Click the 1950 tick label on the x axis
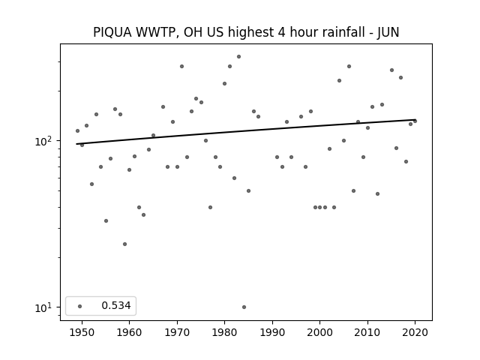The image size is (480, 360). (x=82, y=332)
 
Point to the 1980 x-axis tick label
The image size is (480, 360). (x=224, y=332)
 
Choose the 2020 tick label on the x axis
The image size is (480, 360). (x=415, y=332)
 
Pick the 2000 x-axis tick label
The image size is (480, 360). (x=319, y=332)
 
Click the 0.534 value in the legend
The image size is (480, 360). (x=116, y=305)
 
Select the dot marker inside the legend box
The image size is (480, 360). (x=80, y=306)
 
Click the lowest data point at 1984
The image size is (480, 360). (x=244, y=307)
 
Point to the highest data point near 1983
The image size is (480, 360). (x=238, y=57)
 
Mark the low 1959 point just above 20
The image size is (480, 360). (x=124, y=244)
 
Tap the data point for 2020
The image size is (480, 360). (x=415, y=121)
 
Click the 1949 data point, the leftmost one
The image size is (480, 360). (x=77, y=131)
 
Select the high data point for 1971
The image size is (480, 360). (x=181, y=67)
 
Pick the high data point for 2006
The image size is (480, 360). (x=349, y=67)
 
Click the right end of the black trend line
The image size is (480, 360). (x=415, y=120)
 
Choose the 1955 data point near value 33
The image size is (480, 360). (x=106, y=220)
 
